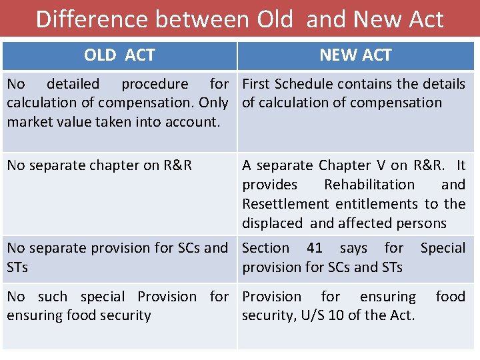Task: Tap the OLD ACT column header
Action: pos(119,55)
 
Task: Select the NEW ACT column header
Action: pos(355,55)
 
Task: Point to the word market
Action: pos(30,122)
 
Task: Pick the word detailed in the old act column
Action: pos(73,84)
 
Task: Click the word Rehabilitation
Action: pos(369,185)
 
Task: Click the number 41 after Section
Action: pos(315,248)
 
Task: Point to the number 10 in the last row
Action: pos(336,315)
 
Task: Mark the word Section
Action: pos(265,248)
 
